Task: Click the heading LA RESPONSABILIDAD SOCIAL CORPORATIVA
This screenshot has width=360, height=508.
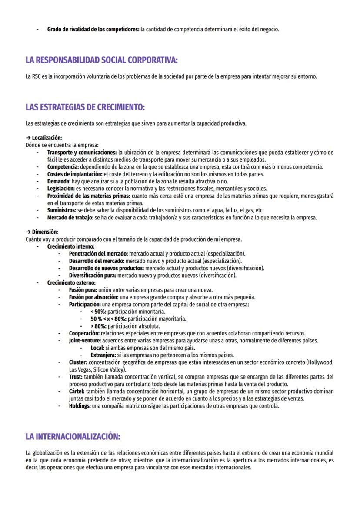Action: pos(101,60)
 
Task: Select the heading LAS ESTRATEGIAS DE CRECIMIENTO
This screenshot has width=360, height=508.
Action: pos(85,107)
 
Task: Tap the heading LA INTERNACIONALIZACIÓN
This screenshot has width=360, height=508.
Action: pos(73,436)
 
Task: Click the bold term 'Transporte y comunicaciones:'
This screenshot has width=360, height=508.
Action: pos(82,153)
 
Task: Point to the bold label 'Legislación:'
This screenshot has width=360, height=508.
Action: pos(61,189)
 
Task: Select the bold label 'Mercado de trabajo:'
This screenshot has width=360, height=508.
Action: pos(70,218)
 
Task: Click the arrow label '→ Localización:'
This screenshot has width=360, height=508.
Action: pos(44,138)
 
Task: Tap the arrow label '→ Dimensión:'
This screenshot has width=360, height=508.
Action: pos(42,232)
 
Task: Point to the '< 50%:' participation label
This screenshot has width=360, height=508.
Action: pos(98,312)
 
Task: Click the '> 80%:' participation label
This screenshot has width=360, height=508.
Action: pos(98,326)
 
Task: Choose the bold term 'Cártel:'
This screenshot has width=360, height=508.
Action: pos(77,392)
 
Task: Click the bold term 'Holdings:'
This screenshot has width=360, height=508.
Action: pos(80,406)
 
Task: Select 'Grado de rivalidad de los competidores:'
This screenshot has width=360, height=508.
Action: pos(93,30)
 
